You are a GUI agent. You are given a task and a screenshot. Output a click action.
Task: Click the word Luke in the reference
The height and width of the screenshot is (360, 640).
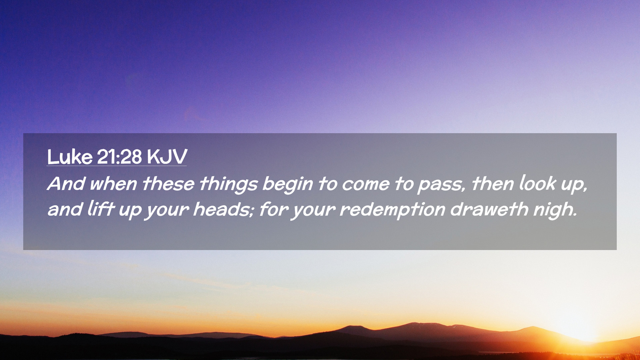tap(70, 157)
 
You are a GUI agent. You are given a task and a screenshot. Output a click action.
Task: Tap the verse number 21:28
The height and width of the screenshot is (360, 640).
tap(119, 157)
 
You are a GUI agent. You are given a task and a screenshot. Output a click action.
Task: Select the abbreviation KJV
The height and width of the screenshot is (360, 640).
tap(167, 157)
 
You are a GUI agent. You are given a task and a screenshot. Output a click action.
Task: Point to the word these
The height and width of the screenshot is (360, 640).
tap(168, 184)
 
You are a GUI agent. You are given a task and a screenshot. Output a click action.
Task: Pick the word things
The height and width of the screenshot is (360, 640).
tap(229, 185)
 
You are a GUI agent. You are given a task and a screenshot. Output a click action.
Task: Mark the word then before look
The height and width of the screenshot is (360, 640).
tap(493, 184)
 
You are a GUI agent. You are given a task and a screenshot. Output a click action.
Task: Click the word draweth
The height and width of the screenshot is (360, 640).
tap(489, 209)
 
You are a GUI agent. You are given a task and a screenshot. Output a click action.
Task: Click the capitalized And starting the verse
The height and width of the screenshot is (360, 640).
tap(66, 184)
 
